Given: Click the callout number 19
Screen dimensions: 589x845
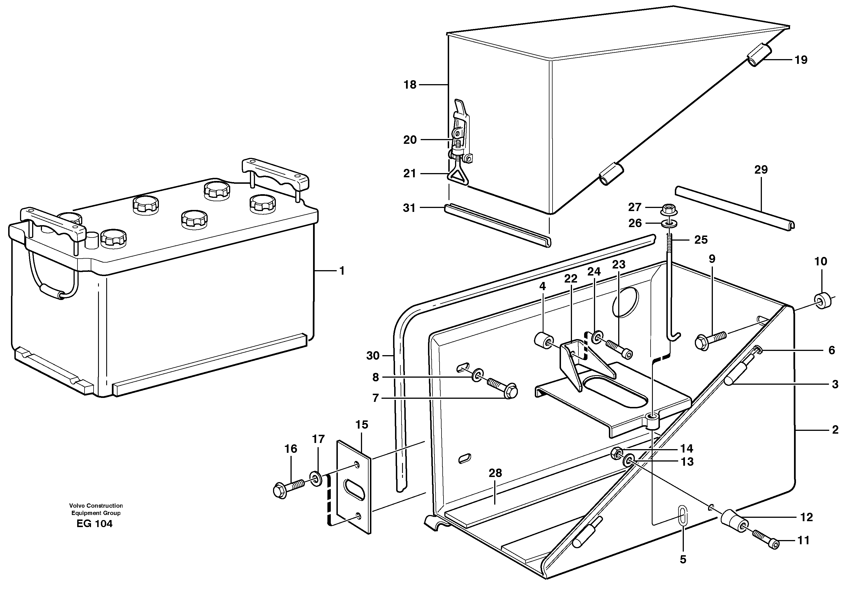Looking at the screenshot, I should [x=801, y=60].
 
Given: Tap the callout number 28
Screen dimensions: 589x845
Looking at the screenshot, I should [x=495, y=473].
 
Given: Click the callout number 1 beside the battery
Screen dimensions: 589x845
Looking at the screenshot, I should [x=342, y=271].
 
